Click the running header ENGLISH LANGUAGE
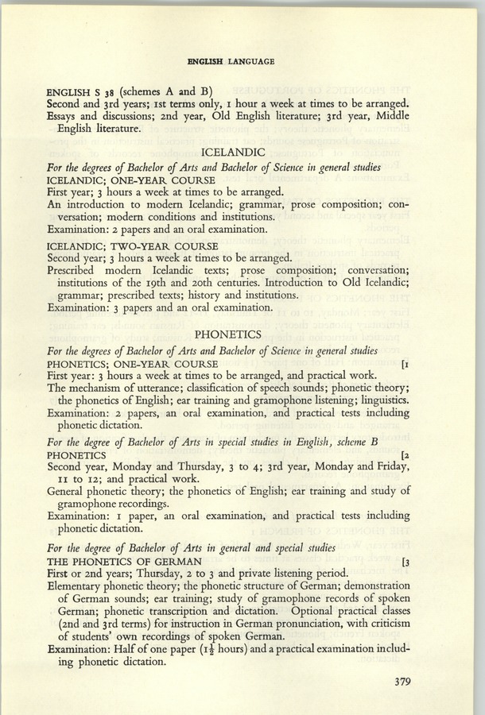point(231,60)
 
